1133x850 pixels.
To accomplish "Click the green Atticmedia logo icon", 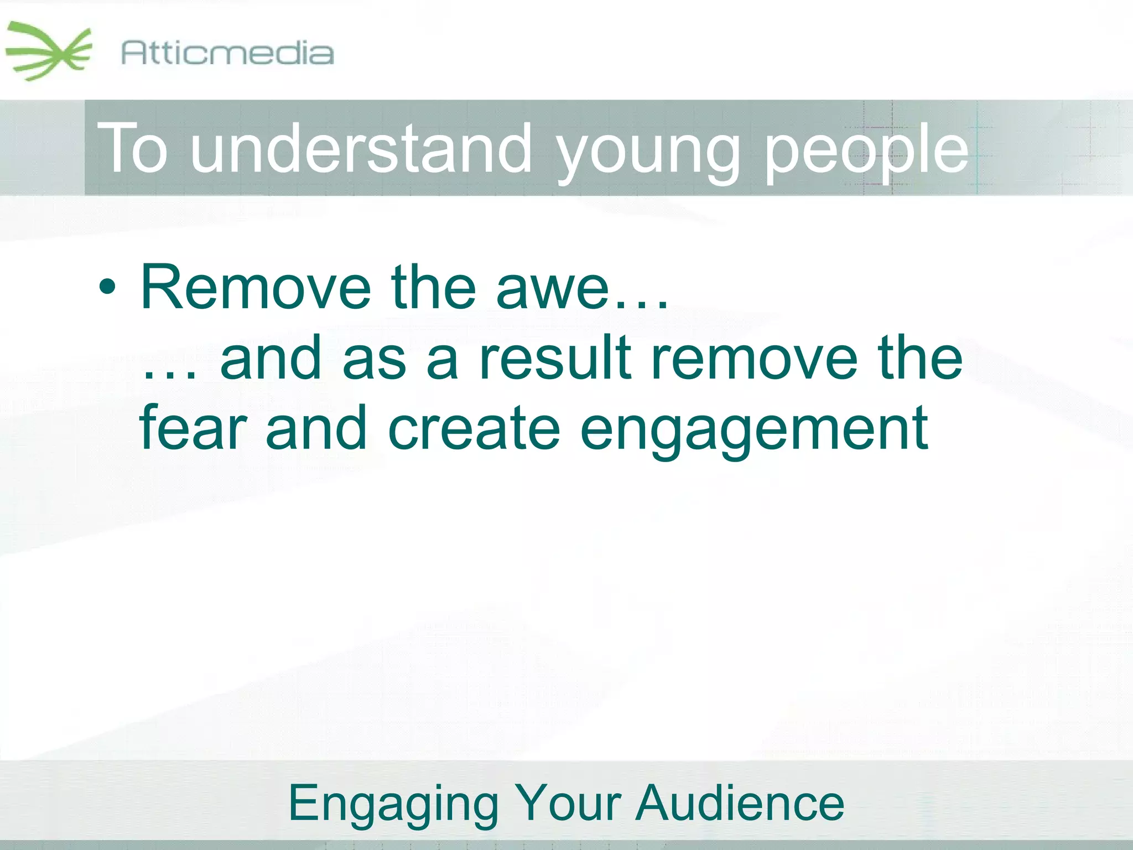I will [x=49, y=51].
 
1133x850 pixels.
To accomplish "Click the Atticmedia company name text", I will [x=227, y=54].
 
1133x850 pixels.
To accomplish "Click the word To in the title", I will [x=133, y=148].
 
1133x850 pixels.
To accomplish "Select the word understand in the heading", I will [x=360, y=148].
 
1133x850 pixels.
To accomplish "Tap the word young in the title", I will [x=649, y=152].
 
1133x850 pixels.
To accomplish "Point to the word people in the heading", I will [x=866, y=152].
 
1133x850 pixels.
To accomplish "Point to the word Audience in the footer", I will [x=740, y=803].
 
